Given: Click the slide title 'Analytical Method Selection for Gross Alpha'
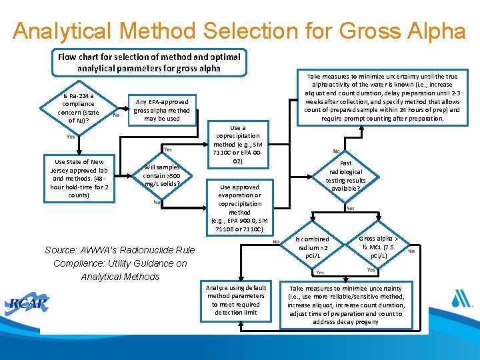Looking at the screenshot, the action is [239, 31].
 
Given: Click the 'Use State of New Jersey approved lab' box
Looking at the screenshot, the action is [79, 178].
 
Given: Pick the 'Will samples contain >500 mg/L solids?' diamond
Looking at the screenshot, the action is [162, 175].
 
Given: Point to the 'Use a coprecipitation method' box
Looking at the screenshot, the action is [238, 145].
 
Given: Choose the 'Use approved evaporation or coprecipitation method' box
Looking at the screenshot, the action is [239, 208].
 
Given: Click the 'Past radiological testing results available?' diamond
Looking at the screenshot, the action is [345, 175].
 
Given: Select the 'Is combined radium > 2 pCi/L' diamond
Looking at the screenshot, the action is [313, 247].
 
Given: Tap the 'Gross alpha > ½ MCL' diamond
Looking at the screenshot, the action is [378, 247].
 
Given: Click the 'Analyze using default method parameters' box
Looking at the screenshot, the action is [236, 300].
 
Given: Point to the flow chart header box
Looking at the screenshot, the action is [149, 63].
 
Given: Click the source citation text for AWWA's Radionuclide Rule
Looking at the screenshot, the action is [120, 263].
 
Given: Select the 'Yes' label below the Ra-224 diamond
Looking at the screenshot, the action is [71, 137].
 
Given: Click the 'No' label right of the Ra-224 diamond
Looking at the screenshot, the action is [117, 115].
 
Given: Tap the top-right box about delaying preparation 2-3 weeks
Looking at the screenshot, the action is [382, 97].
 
